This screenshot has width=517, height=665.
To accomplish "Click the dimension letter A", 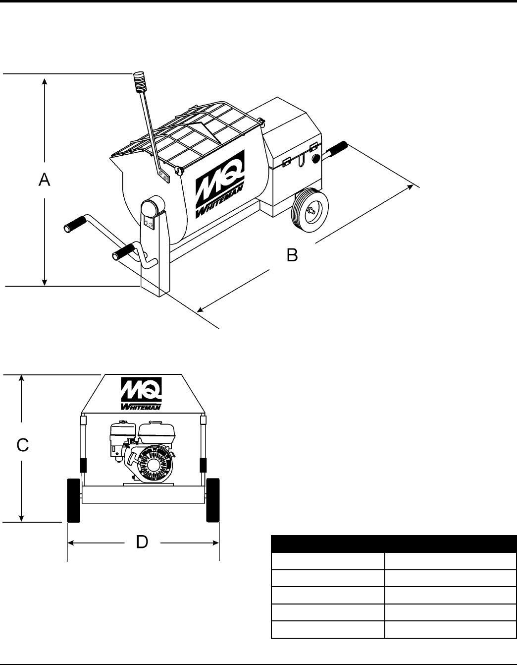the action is (x=44, y=180).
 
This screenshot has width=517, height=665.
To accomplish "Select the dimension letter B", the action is (x=292, y=255).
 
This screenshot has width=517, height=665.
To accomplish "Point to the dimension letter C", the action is (x=23, y=445).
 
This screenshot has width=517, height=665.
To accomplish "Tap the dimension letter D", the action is (x=142, y=542).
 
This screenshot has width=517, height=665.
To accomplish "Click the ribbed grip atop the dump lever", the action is (x=139, y=82).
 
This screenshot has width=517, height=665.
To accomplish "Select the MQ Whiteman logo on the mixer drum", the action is (x=220, y=184).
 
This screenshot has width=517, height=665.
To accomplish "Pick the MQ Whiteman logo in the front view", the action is (x=141, y=394).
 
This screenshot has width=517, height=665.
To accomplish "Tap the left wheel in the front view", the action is (x=74, y=500).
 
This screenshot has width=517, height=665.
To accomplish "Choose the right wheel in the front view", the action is (x=213, y=500).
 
